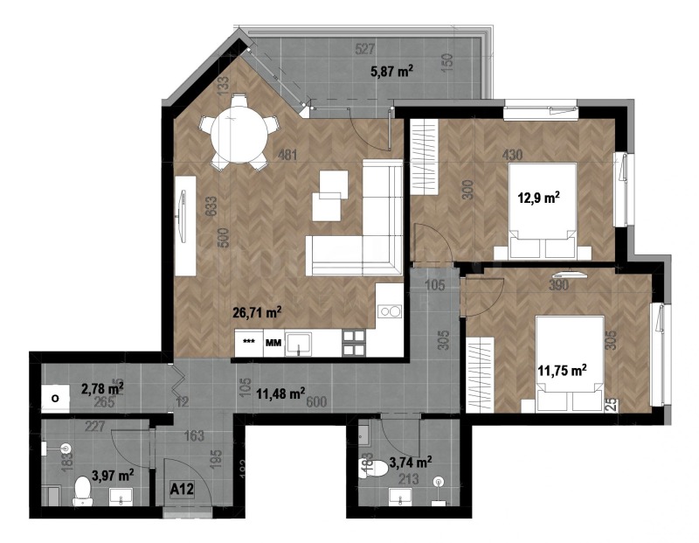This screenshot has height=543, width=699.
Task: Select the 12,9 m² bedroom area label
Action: coord(539,198)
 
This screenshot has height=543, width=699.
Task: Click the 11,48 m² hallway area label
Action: coord(280,393)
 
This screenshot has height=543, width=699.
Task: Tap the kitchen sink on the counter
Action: coord(302,344)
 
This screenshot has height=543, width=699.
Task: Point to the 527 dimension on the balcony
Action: coord(366,49)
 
